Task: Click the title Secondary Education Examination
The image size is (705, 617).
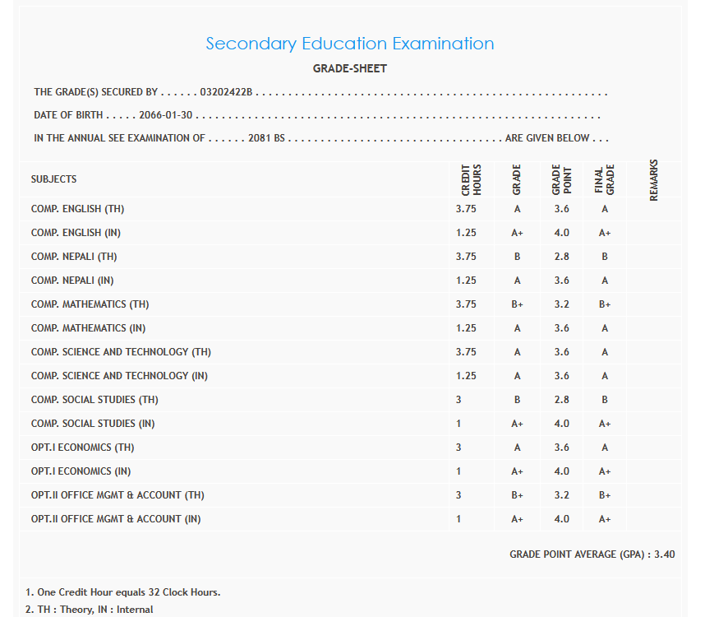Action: click(x=349, y=44)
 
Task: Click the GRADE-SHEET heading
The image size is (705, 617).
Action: click(x=349, y=68)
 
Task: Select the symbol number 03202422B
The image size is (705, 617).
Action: click(x=226, y=92)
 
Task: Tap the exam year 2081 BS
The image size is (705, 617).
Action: click(x=266, y=138)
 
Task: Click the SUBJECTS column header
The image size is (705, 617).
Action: click(x=54, y=179)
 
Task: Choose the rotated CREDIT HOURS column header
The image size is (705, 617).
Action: click(x=471, y=179)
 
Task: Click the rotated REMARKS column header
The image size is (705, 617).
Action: click(x=654, y=179)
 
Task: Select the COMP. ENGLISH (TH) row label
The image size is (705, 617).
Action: click(x=78, y=209)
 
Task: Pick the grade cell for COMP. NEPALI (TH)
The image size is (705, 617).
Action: click(x=517, y=257)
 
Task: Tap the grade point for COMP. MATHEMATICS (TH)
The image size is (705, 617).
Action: click(x=561, y=304)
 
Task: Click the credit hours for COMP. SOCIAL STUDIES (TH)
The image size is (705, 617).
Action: click(x=458, y=400)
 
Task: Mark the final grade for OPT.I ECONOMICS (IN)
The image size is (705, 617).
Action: click(x=604, y=471)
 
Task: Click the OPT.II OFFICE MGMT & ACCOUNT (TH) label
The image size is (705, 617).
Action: click(x=117, y=495)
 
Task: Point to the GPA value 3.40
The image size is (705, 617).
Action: click(x=664, y=554)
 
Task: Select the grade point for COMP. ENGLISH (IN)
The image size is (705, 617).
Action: click(x=561, y=233)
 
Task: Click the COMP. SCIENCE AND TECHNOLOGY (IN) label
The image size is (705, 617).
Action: click(x=120, y=376)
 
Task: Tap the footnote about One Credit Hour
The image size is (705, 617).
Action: click(x=123, y=592)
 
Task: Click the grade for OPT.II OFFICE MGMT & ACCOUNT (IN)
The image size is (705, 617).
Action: click(x=517, y=519)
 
